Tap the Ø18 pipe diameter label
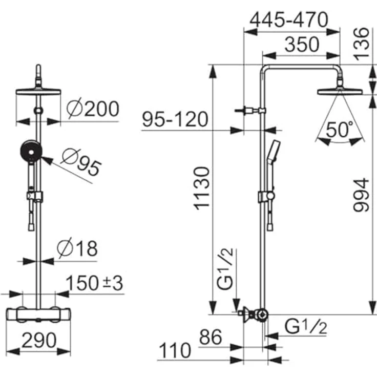(x=77, y=249)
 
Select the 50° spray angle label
(x=341, y=130)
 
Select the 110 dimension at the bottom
(x=174, y=351)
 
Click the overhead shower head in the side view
(x=340, y=92)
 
